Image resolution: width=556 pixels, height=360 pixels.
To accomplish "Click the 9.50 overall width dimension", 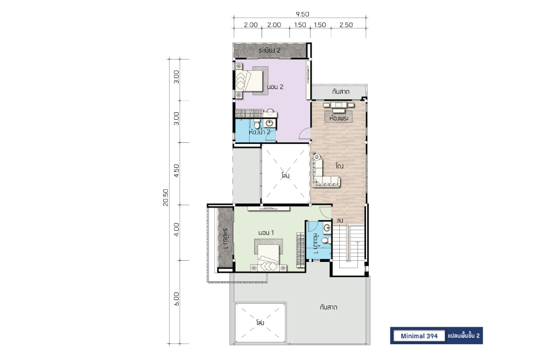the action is (302, 14).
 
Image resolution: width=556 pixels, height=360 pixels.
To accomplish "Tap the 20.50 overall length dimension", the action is (166, 197).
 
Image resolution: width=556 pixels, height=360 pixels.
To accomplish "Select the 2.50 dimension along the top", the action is (346, 25).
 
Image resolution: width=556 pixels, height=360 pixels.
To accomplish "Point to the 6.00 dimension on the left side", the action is (176, 299).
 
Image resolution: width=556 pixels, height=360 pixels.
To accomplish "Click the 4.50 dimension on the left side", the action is (176, 171).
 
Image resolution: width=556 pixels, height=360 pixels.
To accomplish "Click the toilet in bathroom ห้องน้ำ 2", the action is (256, 124).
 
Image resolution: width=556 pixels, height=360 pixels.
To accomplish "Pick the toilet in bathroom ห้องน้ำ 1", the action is (327, 240).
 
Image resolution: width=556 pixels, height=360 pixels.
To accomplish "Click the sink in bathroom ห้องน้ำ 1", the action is (327, 228).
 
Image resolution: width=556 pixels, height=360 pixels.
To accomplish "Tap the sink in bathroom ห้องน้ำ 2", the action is (269, 123).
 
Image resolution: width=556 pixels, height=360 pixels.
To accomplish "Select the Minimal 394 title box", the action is (419, 336).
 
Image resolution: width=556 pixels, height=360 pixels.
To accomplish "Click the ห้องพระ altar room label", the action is (339, 118).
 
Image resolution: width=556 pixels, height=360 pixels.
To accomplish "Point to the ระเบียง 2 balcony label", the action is (269, 50).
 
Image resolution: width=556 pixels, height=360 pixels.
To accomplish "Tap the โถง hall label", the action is (339, 166).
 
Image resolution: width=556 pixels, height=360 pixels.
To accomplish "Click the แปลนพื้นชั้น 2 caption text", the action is (464, 336).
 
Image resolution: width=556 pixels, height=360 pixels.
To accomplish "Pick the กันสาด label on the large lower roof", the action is (328, 307).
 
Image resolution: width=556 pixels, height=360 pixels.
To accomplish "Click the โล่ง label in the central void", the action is (285, 175).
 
